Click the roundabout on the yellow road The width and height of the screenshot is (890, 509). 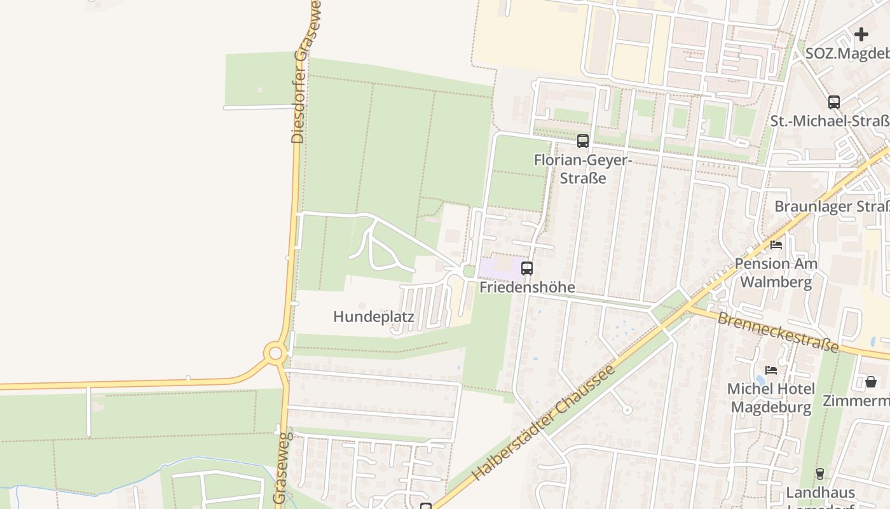[x=275, y=353]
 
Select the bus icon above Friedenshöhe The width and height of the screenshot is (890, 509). [x=526, y=268]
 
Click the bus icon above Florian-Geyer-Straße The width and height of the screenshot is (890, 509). [x=582, y=141]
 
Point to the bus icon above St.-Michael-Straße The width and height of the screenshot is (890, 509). [x=833, y=102]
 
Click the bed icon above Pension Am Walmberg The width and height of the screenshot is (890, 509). [x=776, y=244]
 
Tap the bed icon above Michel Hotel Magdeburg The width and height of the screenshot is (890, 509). [x=771, y=370]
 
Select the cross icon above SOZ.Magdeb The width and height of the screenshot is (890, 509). [x=861, y=34]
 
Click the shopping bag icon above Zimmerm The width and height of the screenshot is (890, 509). [x=870, y=382]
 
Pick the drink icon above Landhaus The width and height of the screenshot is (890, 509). [x=819, y=473]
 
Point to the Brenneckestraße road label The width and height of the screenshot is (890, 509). [x=778, y=331]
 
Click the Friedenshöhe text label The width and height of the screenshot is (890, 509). [x=527, y=287]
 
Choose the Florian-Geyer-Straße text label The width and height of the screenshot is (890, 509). [x=582, y=169]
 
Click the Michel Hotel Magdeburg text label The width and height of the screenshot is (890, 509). [x=771, y=398]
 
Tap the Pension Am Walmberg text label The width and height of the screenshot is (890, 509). [x=776, y=272]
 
